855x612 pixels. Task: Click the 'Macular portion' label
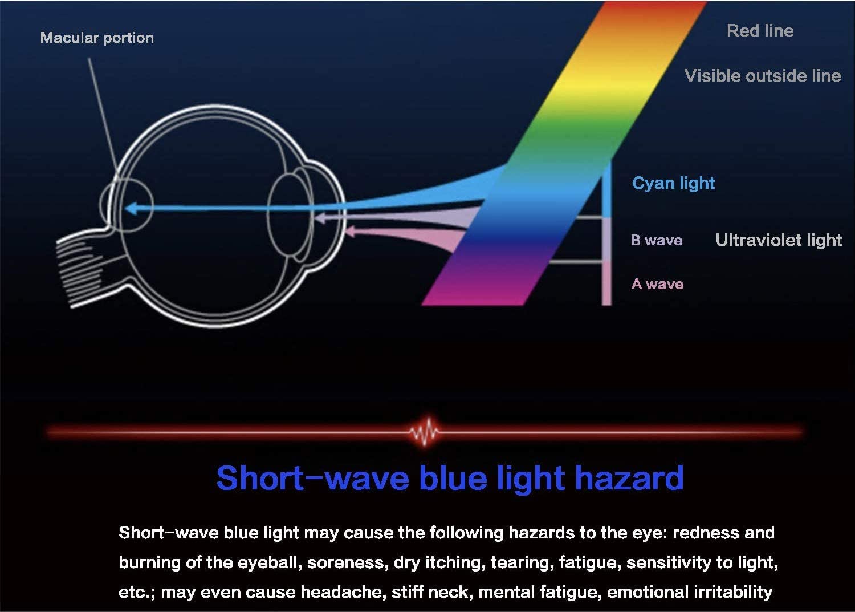97,38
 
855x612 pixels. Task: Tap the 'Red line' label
760,31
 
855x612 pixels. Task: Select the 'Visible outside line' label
763,76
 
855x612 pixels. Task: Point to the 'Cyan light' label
673,183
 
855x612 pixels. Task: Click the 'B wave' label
657,240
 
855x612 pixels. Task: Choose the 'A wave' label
657,284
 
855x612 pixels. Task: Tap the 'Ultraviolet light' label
779,240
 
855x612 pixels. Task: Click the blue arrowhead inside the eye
131,209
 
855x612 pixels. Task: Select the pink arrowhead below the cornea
350,231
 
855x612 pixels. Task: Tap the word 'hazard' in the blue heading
629,478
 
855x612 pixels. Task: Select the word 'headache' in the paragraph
341,592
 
